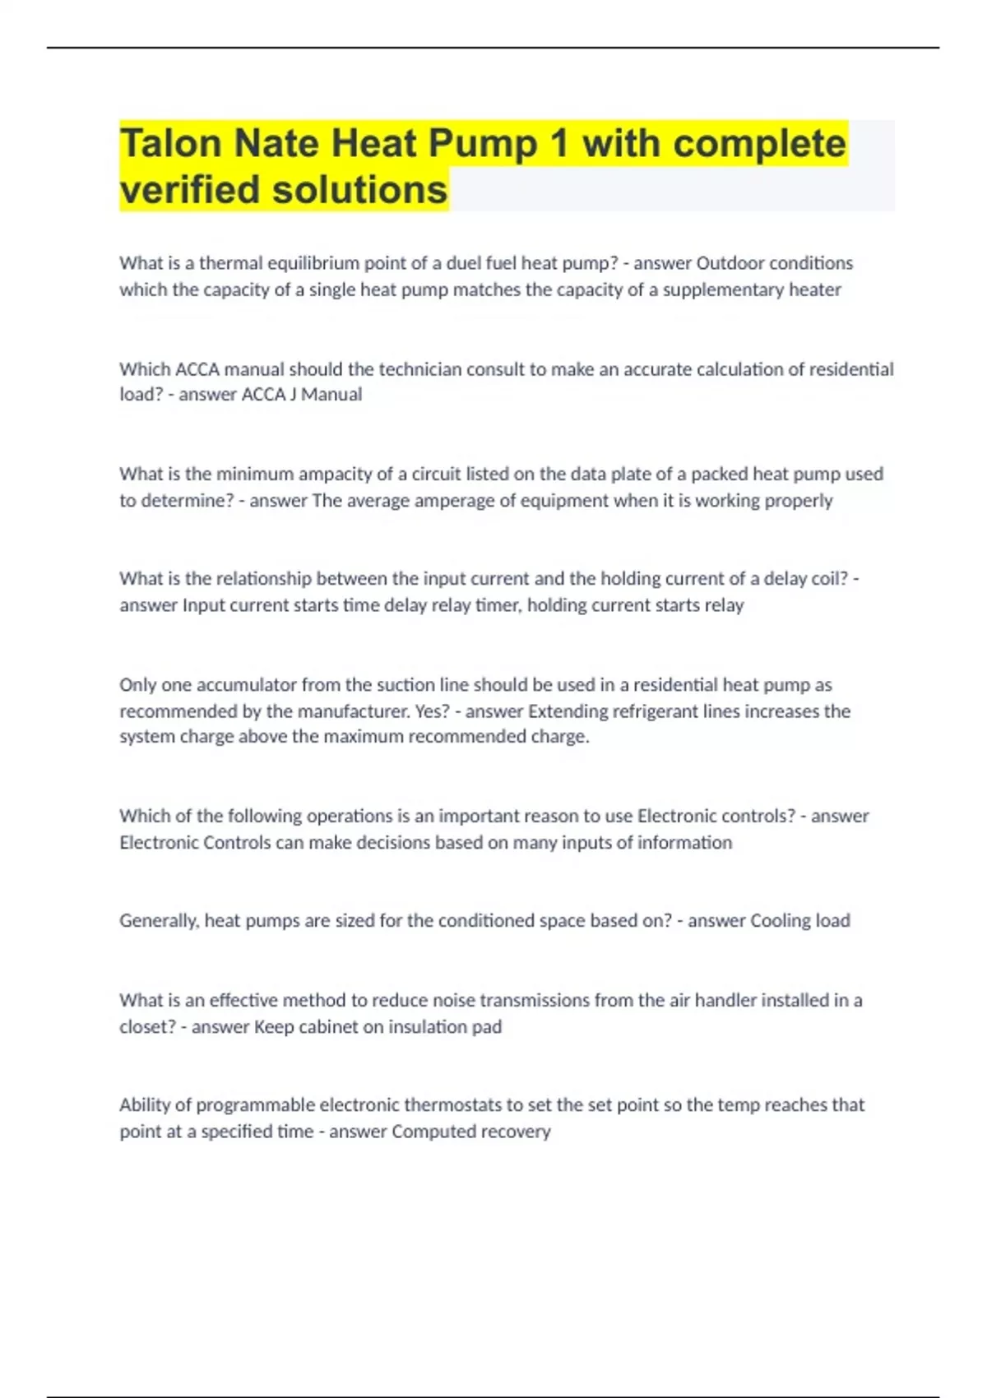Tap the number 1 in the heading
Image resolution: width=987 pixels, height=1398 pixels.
point(559,143)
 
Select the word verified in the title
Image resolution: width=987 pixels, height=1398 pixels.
point(190,190)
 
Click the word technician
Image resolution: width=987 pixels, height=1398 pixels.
point(420,369)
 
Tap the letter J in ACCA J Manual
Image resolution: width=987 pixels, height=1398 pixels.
point(293,395)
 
